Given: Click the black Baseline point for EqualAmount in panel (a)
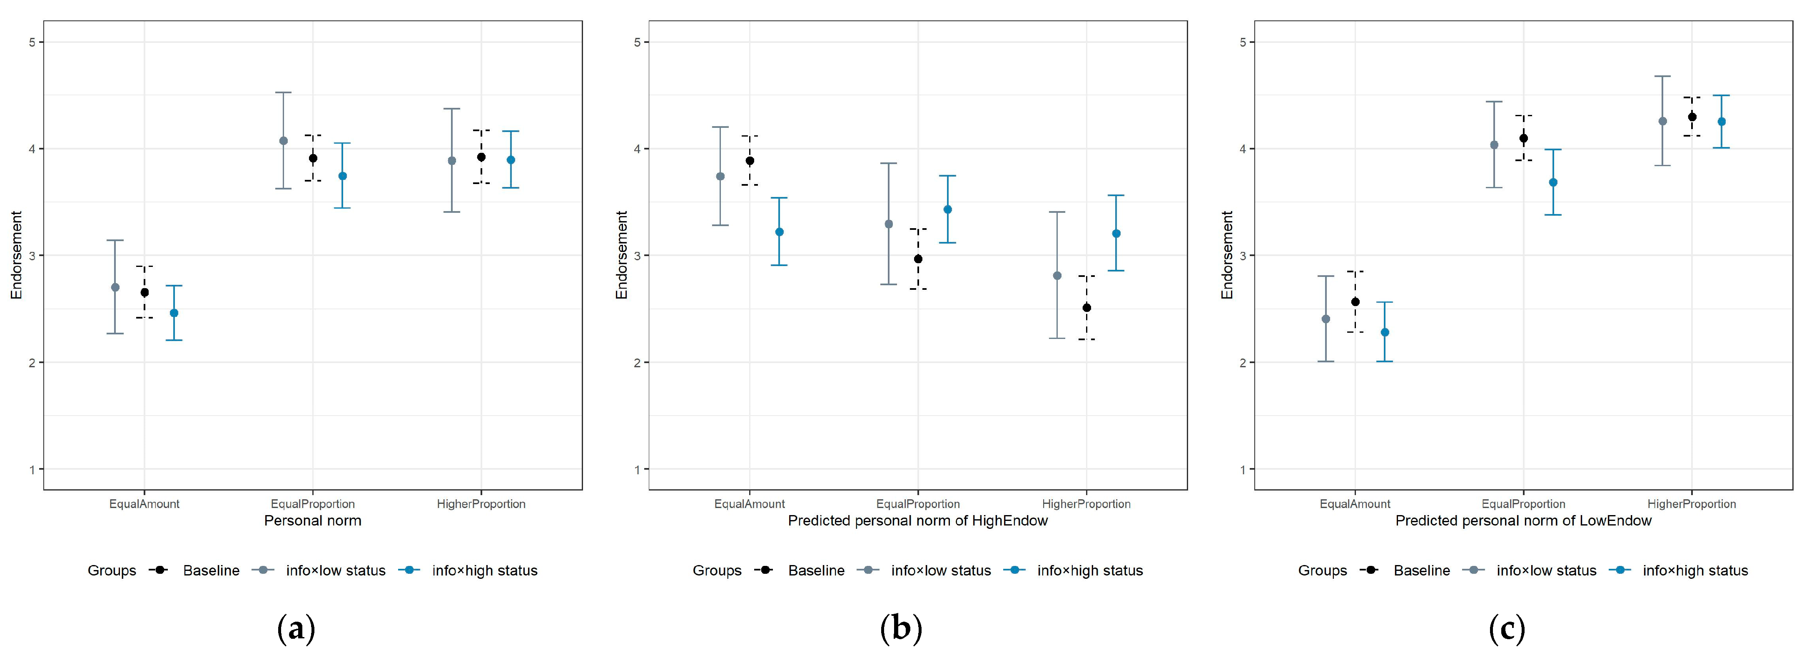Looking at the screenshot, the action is click(144, 292).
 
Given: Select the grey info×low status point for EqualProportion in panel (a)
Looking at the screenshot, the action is click(284, 141).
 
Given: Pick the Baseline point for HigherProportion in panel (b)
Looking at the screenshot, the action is click(1087, 308).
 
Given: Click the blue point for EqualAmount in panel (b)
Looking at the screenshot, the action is click(780, 232).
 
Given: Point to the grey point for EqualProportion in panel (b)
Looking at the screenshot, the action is click(889, 224).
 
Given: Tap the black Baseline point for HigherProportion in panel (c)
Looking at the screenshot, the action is click(1692, 117).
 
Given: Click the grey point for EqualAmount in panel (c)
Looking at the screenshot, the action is click(1326, 319).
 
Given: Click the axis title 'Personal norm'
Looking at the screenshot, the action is click(312, 521).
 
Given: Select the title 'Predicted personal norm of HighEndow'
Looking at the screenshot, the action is click(917, 521).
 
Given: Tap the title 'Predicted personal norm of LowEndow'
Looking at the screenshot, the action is click(1523, 521).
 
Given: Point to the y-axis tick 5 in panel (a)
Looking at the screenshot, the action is click(32, 42).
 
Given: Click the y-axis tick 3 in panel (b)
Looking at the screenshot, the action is click(637, 256).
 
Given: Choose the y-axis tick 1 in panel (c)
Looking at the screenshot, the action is click(1243, 469).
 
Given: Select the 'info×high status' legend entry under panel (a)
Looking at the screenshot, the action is click(468, 570).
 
